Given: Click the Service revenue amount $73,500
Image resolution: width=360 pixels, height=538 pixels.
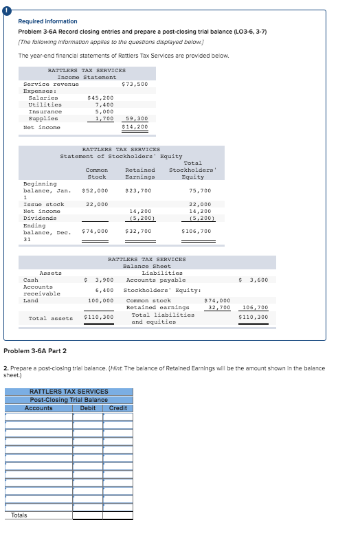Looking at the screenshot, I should pos(135,84).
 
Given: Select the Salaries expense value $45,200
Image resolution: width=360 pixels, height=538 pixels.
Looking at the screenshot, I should pos(100,98).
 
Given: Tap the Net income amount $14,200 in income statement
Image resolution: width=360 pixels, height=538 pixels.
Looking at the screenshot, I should pos(135,126).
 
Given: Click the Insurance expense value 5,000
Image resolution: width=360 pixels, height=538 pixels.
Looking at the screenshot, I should pos(104,111).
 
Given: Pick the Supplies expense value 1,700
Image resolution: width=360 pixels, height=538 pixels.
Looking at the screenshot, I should pos(104,118).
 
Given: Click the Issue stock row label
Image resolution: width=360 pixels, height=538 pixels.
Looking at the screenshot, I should pos(44,204).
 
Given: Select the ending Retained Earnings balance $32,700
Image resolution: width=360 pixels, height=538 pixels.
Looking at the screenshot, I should pos(138,231).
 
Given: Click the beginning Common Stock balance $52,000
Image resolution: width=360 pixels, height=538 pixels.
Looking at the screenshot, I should pos(95,190).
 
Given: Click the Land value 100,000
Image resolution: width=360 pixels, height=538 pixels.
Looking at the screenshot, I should pos(100,300).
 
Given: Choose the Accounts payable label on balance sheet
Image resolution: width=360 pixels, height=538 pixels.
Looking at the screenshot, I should pos(156,280).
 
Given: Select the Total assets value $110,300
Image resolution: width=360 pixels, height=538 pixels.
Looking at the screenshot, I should pos(98,317).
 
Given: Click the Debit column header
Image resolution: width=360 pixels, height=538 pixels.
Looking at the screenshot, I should pos(88,408).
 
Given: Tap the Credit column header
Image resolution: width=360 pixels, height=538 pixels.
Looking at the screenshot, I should pos(118,408).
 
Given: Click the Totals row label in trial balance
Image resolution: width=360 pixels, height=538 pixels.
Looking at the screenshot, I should pos(20,515).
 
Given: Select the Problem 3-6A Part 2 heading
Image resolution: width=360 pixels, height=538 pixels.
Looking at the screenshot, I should pos(35,350).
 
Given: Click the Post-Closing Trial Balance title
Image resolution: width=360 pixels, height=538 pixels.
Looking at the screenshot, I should pos(69,400).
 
